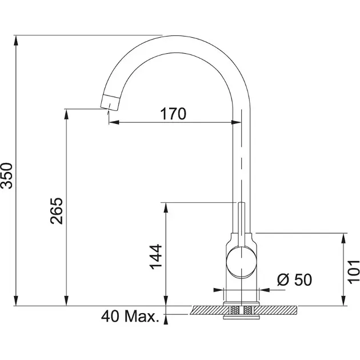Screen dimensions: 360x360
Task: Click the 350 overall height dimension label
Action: pyautogui.click(x=7, y=175)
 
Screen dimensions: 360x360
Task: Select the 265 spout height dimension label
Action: pyautogui.click(x=56, y=211)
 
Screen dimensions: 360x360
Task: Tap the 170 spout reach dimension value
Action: pyautogui.click(x=173, y=114)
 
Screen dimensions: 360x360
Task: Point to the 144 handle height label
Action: pyautogui.click(x=156, y=257)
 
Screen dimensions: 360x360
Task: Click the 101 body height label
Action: pyautogui.click(x=354, y=271)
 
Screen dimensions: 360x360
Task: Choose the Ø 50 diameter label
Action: pyautogui.click(x=294, y=279)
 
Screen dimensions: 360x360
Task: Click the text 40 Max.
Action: pyautogui.click(x=130, y=317)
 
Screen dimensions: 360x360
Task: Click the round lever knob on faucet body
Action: pyautogui.click(x=241, y=262)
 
